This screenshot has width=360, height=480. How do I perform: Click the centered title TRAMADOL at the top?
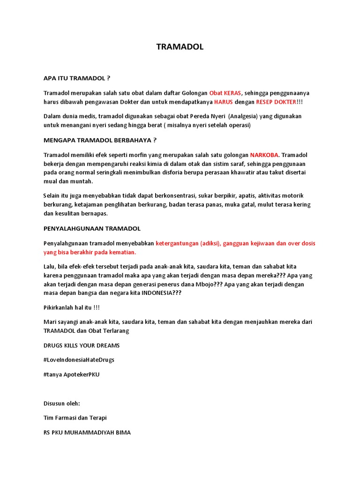click(180, 47)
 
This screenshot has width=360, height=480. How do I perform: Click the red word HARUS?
click(223, 102)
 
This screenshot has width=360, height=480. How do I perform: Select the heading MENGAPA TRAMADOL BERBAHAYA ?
click(100, 140)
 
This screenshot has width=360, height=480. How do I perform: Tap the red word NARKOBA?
click(264, 155)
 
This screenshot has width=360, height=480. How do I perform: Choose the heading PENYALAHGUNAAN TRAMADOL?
click(92, 228)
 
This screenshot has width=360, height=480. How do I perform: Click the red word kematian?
click(121, 252)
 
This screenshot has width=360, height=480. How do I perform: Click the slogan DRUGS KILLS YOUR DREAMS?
click(82, 345)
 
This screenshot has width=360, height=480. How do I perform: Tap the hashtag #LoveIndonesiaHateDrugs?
click(79, 360)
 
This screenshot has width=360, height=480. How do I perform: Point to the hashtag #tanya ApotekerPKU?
click(71, 375)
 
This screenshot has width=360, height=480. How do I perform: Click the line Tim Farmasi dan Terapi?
click(75, 418)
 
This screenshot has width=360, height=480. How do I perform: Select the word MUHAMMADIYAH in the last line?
click(90, 433)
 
